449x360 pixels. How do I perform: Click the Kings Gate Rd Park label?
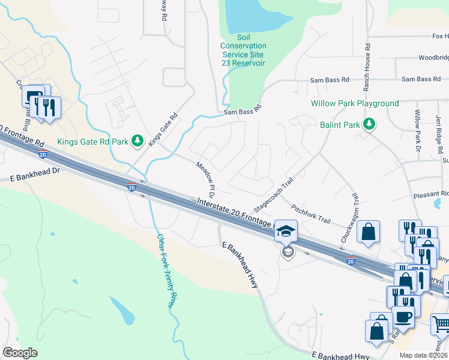[x=92, y=142]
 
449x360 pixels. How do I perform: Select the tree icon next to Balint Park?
[x=370, y=124]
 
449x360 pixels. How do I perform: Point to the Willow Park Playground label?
[x=355, y=103]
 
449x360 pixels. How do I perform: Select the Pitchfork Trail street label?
[x=310, y=213]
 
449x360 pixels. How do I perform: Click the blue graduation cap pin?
[x=286, y=230]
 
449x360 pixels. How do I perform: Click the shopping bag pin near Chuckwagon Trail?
[x=368, y=232]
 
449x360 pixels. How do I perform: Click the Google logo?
[x=20, y=353]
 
